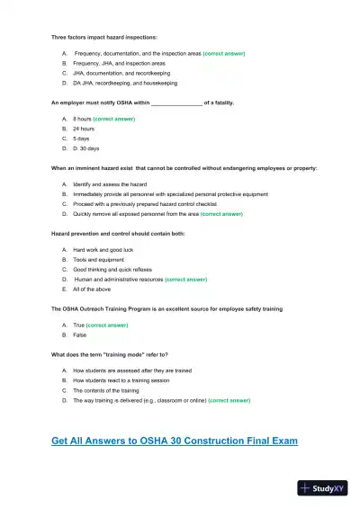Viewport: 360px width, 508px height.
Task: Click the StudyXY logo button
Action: (x=321, y=488)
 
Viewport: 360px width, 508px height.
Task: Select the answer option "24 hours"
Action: (x=84, y=129)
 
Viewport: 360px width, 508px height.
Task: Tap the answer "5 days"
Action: (x=81, y=138)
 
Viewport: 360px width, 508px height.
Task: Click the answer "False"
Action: (x=80, y=334)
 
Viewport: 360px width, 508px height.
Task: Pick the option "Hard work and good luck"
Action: (x=103, y=249)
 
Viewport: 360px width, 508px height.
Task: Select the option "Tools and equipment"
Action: (x=99, y=259)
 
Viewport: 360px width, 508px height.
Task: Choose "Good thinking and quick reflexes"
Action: (x=112, y=269)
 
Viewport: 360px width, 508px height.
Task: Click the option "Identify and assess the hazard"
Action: (x=110, y=183)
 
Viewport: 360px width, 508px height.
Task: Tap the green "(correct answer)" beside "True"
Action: (x=106, y=325)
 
